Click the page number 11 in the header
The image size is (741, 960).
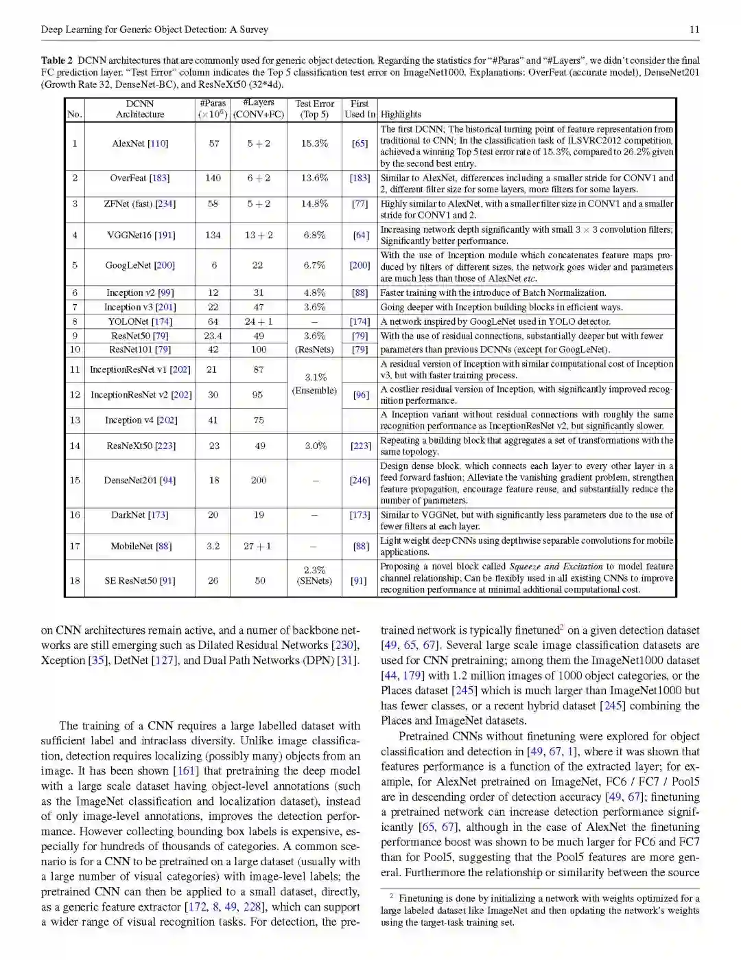694,30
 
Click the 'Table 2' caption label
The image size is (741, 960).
56,60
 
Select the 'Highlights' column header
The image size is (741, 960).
401,115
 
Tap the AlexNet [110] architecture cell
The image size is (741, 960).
140,144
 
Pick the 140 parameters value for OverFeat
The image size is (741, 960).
213,178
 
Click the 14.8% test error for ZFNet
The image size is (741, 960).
314,204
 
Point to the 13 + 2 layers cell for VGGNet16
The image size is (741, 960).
259,235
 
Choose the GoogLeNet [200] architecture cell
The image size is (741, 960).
140,265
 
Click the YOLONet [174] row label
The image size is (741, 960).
140,321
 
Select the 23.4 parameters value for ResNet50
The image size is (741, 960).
213,336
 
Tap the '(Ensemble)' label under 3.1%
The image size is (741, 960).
314,391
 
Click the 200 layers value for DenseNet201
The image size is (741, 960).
259,480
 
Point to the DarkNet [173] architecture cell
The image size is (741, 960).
139,514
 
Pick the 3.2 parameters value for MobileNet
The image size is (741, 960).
213,546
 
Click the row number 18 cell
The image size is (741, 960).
75,580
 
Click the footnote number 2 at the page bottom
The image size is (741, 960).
391,896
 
